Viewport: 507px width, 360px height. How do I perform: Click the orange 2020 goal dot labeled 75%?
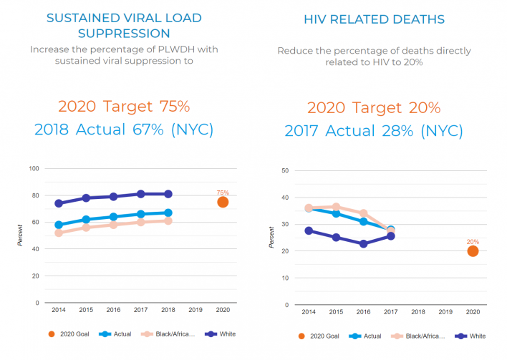(223, 202)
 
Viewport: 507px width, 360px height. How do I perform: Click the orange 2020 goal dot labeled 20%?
(473, 250)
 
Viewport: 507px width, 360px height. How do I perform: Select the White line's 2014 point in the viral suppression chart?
(58, 203)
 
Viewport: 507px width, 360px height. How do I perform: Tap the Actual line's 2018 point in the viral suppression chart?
(168, 213)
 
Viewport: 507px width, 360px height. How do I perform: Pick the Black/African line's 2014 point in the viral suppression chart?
(58, 233)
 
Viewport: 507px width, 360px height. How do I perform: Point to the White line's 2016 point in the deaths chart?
(363, 243)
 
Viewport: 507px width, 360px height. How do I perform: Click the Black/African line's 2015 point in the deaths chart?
(336, 207)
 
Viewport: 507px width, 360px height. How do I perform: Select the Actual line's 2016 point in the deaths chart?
(363, 221)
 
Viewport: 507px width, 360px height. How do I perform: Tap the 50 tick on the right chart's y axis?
(285, 170)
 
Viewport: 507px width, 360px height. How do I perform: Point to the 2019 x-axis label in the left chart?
(195, 310)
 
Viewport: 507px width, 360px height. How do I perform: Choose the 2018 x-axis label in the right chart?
(418, 313)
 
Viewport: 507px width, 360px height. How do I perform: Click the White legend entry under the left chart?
(221, 334)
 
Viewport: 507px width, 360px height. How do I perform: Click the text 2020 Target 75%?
(123, 107)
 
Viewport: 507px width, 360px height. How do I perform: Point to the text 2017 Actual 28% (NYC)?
(374, 131)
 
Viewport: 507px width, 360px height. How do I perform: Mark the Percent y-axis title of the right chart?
(271, 238)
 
